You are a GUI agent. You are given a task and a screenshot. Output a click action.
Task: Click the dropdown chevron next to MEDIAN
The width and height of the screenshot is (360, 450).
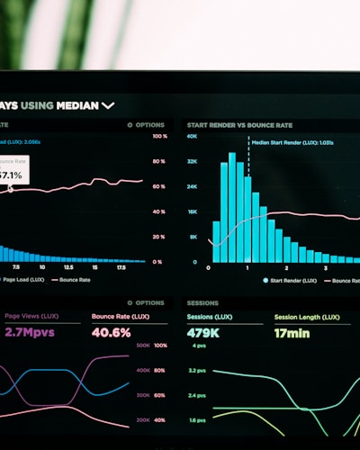point(108,105)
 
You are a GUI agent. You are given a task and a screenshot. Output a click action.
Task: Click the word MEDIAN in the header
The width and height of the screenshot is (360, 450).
point(76,105)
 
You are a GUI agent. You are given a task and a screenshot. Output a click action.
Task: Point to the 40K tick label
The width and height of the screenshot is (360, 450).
point(192,137)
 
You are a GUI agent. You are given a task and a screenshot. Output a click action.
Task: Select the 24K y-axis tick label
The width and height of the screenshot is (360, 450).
point(192,187)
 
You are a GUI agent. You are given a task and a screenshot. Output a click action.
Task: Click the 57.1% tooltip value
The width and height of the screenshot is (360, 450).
point(11,175)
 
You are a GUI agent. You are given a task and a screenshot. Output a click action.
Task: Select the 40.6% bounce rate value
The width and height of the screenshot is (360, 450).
point(111,332)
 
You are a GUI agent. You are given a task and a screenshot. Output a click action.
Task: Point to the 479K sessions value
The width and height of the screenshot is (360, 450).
point(203,332)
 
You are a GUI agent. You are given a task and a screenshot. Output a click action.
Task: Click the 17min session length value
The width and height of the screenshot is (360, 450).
point(292,332)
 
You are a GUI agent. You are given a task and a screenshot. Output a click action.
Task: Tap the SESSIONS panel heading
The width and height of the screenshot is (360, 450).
point(203,303)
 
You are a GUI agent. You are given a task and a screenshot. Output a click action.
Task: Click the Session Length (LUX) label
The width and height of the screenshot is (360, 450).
point(307,317)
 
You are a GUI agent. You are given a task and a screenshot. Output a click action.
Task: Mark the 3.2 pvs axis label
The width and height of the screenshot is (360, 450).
point(197,371)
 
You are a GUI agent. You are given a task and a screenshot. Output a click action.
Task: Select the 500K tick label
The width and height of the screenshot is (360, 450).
point(143,346)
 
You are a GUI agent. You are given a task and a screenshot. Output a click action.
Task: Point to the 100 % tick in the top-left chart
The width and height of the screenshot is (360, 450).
point(159,137)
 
